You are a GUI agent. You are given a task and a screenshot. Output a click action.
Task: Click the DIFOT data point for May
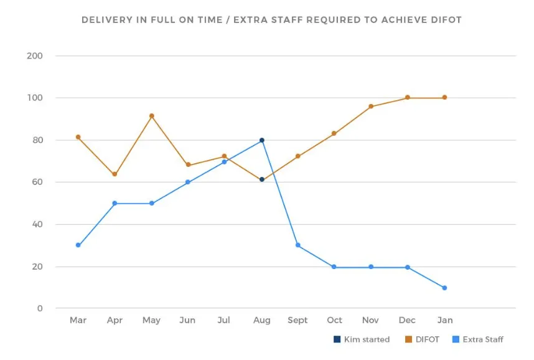pos(151,116)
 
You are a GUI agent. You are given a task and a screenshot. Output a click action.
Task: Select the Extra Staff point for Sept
pos(298,245)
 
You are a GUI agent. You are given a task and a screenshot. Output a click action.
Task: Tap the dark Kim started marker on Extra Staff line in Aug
pos(262,140)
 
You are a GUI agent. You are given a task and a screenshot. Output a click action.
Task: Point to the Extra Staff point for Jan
pos(444,288)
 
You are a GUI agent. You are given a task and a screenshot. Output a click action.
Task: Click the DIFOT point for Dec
pos(408,97)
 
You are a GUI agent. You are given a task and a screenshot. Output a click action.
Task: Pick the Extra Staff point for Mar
pos(78,245)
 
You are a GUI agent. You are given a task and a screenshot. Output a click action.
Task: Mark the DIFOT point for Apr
pos(115,174)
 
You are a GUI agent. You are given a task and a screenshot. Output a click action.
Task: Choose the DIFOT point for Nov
pos(371,107)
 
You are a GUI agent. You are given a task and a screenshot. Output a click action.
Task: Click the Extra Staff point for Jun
pos(187,182)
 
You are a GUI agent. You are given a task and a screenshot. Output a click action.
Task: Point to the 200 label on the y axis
pos(35,56)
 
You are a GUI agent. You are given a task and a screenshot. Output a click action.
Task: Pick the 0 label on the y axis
pos(40,309)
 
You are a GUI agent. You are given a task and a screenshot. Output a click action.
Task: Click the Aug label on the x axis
pos(262,320)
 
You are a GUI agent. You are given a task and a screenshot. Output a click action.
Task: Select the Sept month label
pos(297,320)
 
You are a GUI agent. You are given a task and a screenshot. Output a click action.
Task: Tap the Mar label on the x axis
pos(78,320)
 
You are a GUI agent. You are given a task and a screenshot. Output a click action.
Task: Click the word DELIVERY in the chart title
pos(106,20)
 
